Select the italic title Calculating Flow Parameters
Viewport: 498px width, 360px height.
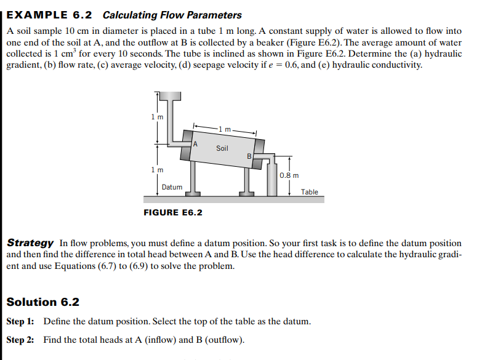[172, 15]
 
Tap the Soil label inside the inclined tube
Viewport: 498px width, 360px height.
[222, 148]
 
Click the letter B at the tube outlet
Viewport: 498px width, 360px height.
[249, 156]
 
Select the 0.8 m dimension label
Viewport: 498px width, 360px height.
[289, 175]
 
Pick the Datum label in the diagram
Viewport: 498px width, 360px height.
[172, 187]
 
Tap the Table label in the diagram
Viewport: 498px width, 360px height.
[310, 192]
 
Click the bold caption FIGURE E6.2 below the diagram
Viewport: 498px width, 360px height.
[172, 213]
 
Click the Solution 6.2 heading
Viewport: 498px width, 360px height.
[42, 302]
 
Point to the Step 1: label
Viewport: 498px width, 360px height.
[20, 322]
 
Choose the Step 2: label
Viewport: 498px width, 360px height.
[20, 340]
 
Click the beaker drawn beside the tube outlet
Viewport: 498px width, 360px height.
[273, 178]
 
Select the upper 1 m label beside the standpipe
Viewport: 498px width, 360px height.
[158, 118]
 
